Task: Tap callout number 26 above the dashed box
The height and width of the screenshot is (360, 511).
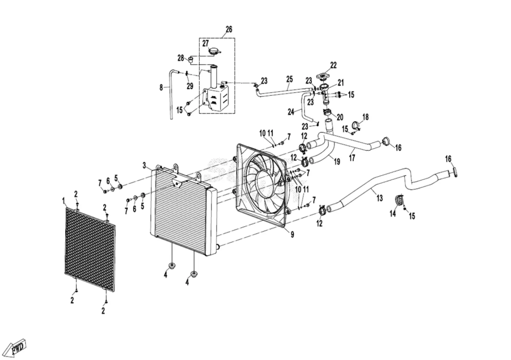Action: tap(229, 29)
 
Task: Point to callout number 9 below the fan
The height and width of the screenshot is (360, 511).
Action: tap(292, 234)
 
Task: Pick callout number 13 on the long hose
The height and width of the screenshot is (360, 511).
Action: tap(379, 198)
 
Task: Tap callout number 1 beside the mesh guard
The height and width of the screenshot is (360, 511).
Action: tap(64, 201)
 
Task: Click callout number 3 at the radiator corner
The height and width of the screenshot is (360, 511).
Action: tap(144, 166)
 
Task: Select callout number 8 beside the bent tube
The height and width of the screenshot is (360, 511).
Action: tap(161, 87)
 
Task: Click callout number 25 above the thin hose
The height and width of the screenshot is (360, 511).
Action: tap(289, 79)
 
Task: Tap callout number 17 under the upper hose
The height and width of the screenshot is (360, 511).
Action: tap(352, 158)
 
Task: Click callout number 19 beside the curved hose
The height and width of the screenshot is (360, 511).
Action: tap(337, 161)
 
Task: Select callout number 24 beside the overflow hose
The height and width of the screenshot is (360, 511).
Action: tap(291, 112)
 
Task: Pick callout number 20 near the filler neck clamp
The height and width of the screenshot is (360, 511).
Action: tap(340, 117)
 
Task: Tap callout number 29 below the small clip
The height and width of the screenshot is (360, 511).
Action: tap(190, 86)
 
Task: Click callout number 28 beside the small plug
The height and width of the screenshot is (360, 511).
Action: tap(181, 58)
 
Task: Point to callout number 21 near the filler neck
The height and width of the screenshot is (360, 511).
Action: tap(340, 83)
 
